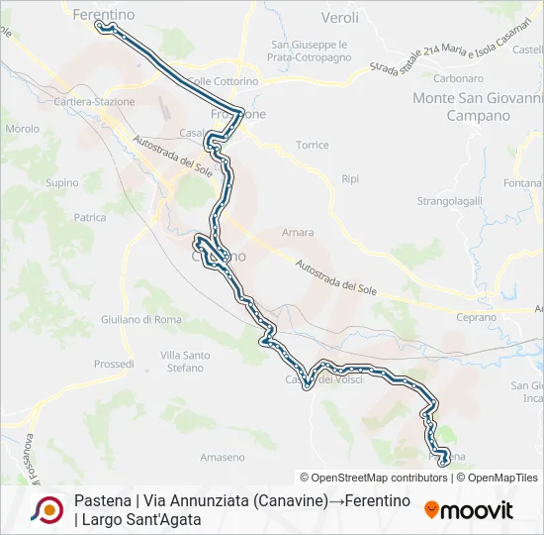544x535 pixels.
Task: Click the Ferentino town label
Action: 104,14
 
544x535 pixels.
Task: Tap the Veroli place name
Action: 340,18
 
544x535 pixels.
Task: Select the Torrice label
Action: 312,145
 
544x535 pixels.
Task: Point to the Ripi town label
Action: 349,179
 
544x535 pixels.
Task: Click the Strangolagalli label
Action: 449,200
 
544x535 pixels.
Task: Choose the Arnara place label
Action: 297,233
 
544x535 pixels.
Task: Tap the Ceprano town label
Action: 476,317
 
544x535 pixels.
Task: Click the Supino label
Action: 62,182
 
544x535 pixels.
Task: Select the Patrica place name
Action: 90,217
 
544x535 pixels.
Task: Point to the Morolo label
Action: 22,129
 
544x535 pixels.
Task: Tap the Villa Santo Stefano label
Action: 185,362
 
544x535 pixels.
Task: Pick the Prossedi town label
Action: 114,365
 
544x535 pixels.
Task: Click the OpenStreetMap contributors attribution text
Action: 373,478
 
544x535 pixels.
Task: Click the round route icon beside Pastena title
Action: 46,509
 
